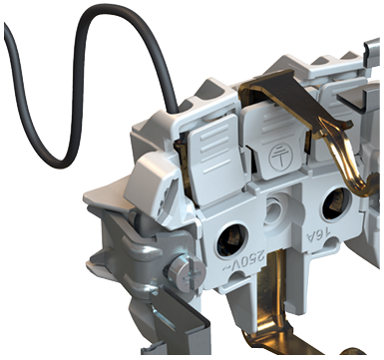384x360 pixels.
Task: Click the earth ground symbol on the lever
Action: [279, 157]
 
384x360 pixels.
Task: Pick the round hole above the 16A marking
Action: [336, 203]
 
